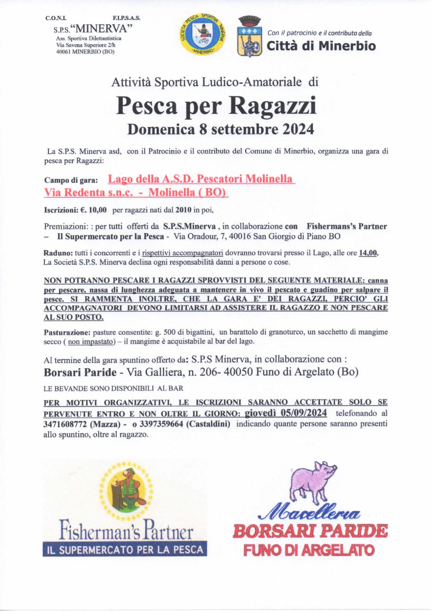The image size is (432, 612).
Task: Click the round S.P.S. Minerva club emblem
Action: (203, 35)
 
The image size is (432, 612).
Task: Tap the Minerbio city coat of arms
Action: (249, 37)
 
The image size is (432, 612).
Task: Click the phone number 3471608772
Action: (65, 424)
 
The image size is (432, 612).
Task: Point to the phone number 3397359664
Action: (161, 424)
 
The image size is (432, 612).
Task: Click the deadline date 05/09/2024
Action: (303, 413)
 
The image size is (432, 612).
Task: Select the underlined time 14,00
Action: (368, 253)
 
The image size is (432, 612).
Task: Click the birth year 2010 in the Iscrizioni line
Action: (183, 210)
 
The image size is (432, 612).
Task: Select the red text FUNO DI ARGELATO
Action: (309, 551)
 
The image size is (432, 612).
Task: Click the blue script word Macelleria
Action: (309, 512)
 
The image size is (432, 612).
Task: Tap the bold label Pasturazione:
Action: (67, 332)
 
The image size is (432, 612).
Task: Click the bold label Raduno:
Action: (58, 253)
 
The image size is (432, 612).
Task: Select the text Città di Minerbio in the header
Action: (321, 46)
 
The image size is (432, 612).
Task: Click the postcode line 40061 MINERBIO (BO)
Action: (85, 52)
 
